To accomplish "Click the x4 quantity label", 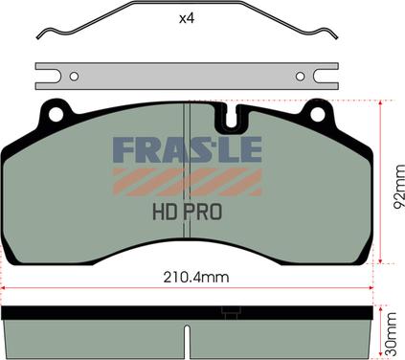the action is coord(187,18).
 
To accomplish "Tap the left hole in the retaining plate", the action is coord(74,77).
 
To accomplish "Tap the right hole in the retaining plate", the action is coord(300,77).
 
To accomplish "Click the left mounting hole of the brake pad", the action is coord(56,114).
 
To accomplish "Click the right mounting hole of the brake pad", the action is coord(318,114).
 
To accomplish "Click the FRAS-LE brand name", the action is coord(188,149).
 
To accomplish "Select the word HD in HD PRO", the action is coord(165,213).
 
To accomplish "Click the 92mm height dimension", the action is coord(398,187).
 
